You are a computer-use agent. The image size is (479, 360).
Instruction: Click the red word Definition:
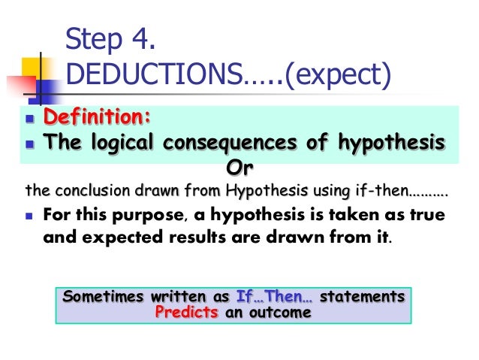pos(97,118)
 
